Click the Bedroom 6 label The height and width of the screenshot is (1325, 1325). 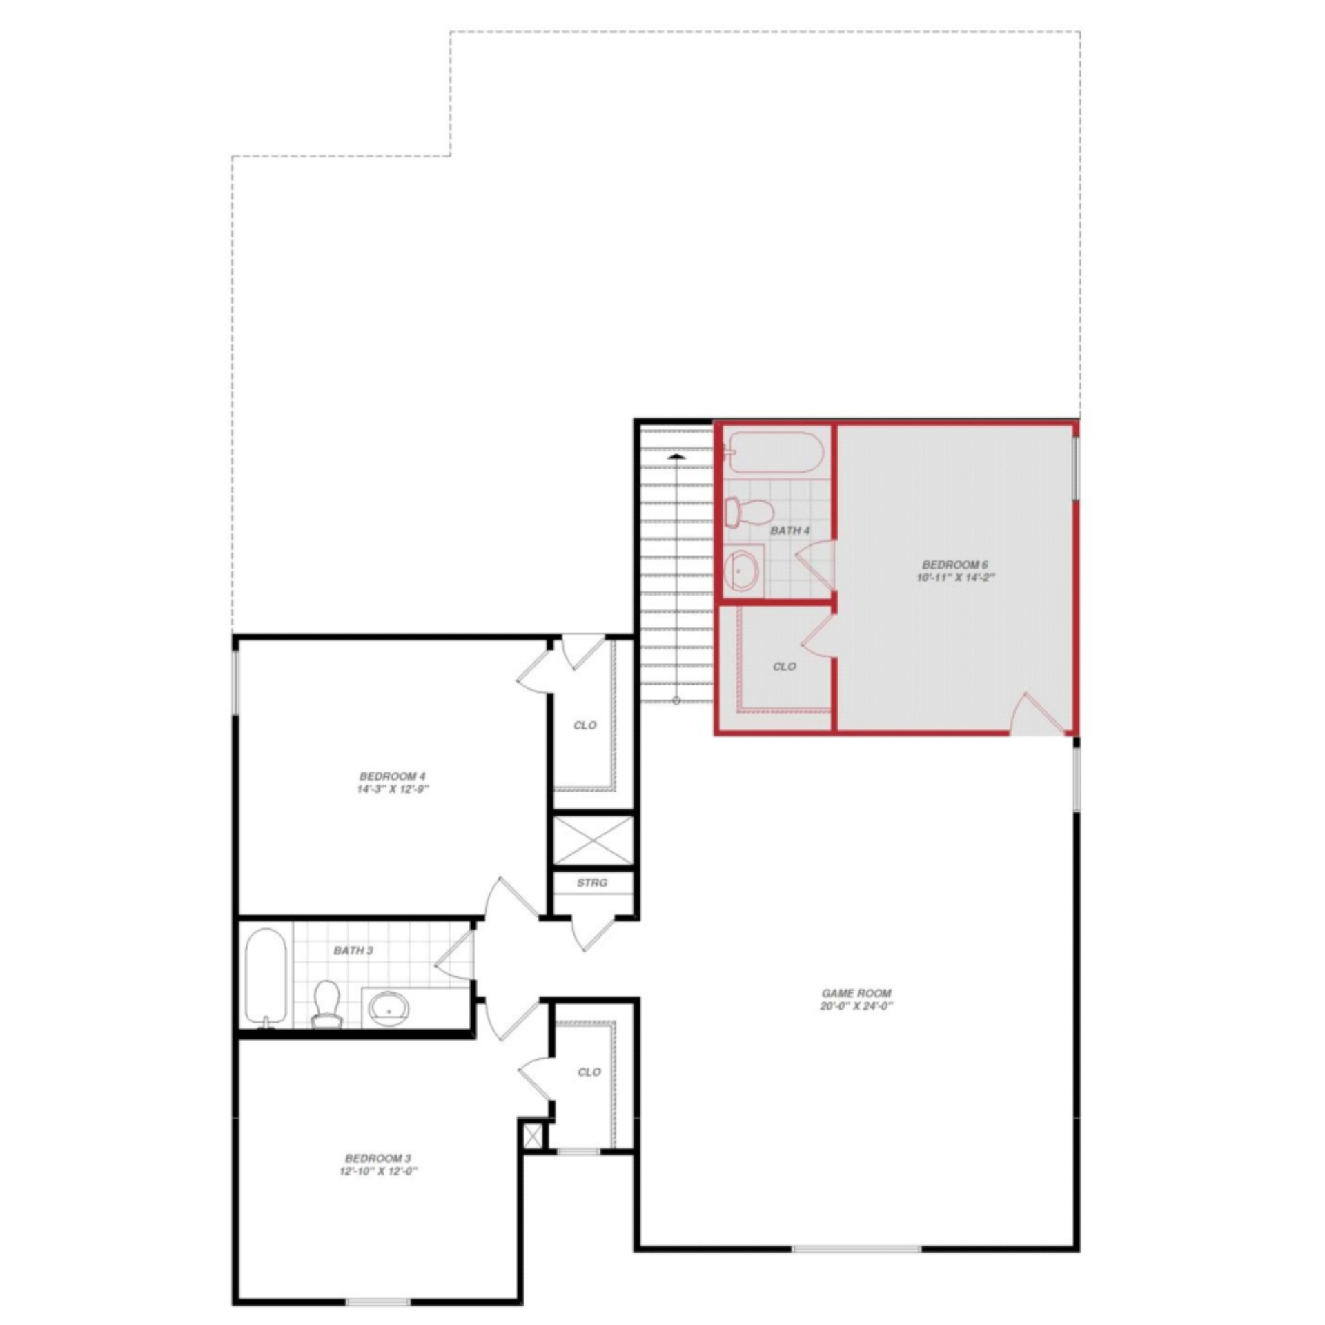coord(954,565)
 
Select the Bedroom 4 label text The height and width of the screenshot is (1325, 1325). coord(392,776)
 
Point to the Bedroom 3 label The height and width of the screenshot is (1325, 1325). coord(378,1158)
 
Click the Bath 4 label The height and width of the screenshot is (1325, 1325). coord(789,531)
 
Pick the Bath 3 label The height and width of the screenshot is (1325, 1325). coord(353,950)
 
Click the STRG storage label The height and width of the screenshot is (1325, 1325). coord(591,883)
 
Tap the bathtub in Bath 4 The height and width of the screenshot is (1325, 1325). coord(776,452)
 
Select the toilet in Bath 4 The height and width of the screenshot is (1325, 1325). coord(748,511)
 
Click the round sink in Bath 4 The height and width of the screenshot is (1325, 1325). coord(741,571)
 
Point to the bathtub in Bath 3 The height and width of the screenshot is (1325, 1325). coord(266,978)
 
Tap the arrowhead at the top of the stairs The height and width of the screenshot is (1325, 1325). coord(676,456)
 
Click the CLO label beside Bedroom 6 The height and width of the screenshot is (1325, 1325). coord(785,666)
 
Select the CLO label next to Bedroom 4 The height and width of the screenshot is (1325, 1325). coord(585,725)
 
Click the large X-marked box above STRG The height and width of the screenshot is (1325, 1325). coord(593,840)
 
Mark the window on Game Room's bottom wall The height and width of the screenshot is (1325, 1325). coord(856,1248)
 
